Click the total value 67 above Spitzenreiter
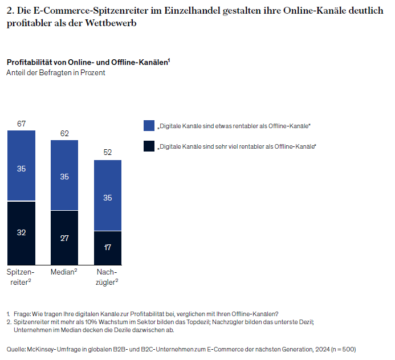(21, 124)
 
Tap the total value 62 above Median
(64, 133)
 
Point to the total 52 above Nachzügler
(108, 153)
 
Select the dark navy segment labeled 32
(21, 232)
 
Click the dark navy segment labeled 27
(64, 238)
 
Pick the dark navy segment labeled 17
(108, 247)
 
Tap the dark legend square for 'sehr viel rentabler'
(149, 146)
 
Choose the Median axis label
(64, 272)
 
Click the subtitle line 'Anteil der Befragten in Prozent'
(56, 72)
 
